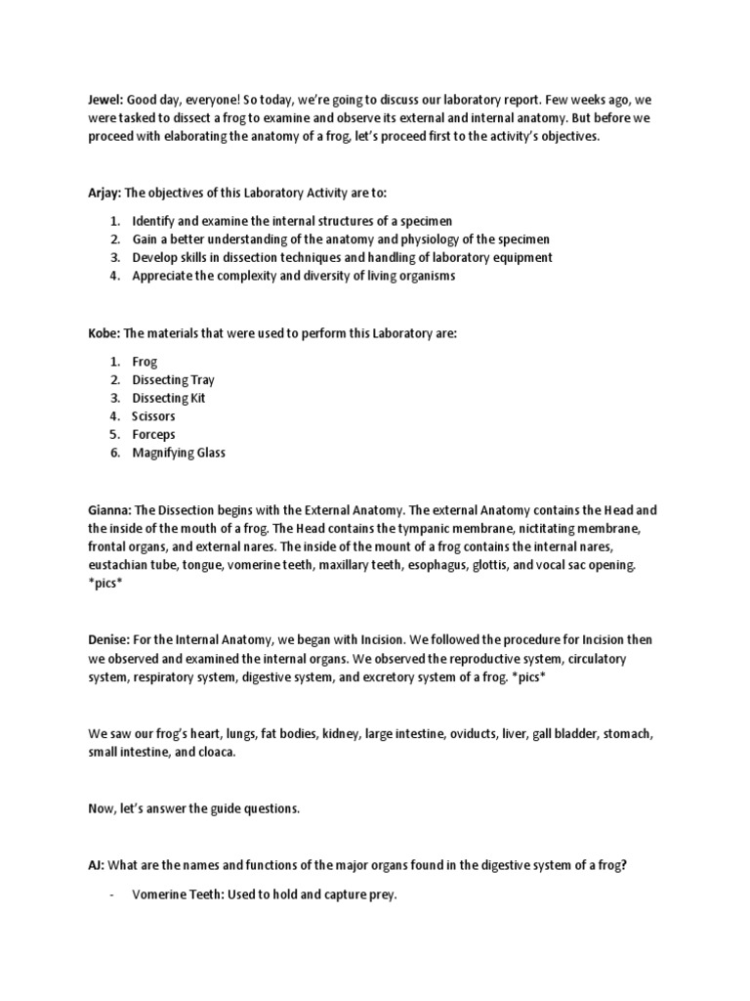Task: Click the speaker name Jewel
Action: [x=104, y=99]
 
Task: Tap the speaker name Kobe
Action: [x=104, y=333]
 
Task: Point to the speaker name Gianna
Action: [x=108, y=510]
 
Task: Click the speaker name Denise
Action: [x=108, y=639]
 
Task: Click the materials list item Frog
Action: [x=145, y=362]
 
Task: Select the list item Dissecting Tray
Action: [x=174, y=379]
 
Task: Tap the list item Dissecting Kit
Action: [x=169, y=398]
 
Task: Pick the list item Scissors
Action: [x=154, y=416]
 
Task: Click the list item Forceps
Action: [x=154, y=434]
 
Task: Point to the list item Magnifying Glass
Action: [x=179, y=453]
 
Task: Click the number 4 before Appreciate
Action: [x=113, y=276]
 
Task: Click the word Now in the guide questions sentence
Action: [x=102, y=809]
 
